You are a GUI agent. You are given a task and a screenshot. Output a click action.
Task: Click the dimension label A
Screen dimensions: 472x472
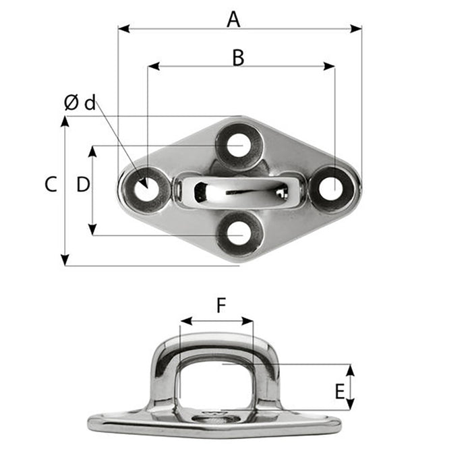(x=233, y=20)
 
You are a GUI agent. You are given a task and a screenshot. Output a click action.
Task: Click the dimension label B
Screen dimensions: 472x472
(x=237, y=58)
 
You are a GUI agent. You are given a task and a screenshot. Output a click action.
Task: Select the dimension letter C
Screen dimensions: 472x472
(x=51, y=185)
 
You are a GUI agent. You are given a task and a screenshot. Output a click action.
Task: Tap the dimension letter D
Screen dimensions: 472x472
(x=82, y=185)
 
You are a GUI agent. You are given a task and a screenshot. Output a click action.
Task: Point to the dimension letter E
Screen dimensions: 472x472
(x=340, y=390)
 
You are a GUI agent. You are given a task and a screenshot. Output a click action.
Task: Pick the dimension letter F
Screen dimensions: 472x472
(x=221, y=306)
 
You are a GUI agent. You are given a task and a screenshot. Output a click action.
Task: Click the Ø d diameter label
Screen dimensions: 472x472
(x=80, y=102)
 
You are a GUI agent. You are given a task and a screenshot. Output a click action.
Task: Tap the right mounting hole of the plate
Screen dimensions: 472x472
(x=330, y=189)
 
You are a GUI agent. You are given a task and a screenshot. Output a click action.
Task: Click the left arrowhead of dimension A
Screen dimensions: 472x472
(x=122, y=29)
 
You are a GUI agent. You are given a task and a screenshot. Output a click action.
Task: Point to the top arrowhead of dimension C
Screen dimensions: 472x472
(x=65, y=120)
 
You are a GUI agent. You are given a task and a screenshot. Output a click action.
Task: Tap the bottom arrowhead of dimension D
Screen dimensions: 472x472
(x=92, y=231)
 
